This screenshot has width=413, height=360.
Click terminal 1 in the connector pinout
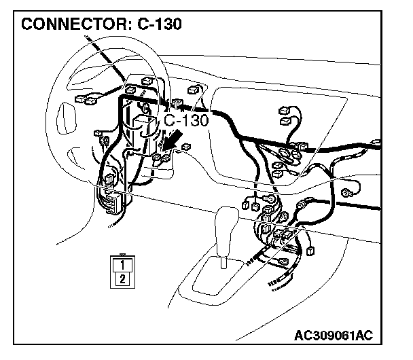[x=122, y=266]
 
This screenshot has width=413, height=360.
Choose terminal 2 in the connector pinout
[x=122, y=278]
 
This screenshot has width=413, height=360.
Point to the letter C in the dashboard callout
[x=170, y=120]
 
